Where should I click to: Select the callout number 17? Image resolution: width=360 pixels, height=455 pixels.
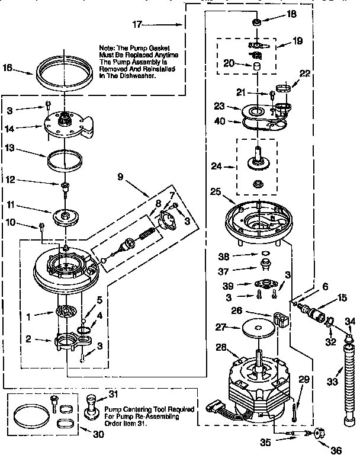tap(136, 25)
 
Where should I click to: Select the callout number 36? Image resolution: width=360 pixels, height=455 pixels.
tap(322, 450)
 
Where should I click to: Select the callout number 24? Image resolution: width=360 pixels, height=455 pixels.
tap(216, 166)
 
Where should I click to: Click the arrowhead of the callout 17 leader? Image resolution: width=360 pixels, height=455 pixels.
tap(181, 25)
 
